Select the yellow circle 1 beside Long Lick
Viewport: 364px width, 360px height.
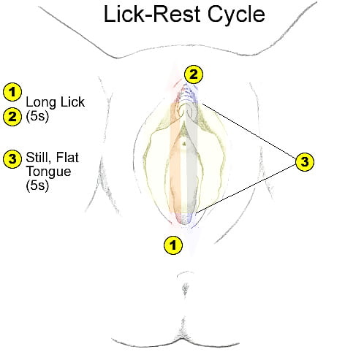pos(12,91)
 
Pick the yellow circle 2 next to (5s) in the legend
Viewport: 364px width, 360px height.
pos(12,115)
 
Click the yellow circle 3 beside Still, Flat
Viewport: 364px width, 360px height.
pos(12,159)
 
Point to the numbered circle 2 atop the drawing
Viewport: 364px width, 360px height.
pos(194,74)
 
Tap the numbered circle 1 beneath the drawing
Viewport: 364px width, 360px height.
pos(172,245)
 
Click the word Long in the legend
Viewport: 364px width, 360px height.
pos(39,102)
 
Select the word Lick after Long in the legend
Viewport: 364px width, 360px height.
pos(69,102)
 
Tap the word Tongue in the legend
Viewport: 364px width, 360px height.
pos(47,172)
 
